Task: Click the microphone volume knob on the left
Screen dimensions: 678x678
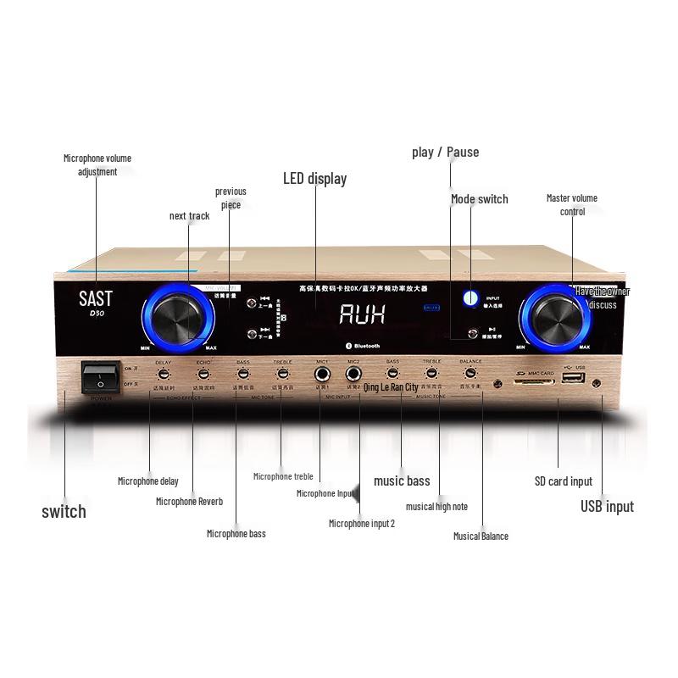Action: [x=179, y=318]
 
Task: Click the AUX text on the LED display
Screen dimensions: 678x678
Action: [x=362, y=314]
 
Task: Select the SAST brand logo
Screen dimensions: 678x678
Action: [x=95, y=299]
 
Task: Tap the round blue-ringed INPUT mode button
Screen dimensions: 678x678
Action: [x=470, y=298]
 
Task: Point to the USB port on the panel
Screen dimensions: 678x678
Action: [x=573, y=375]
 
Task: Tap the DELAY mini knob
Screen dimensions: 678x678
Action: [x=163, y=374]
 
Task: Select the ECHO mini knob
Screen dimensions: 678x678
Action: [x=203, y=374]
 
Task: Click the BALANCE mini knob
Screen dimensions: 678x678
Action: [x=470, y=373]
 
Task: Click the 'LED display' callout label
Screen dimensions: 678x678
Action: [x=314, y=179]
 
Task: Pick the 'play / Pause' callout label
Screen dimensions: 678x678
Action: [x=445, y=153]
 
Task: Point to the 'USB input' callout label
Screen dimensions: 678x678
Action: [x=607, y=507]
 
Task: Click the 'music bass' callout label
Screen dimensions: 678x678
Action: [x=402, y=481]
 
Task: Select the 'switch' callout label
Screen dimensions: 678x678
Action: [x=64, y=511]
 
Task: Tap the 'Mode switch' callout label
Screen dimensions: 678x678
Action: [x=479, y=199]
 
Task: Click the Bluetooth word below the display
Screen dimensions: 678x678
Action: [x=366, y=346]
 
